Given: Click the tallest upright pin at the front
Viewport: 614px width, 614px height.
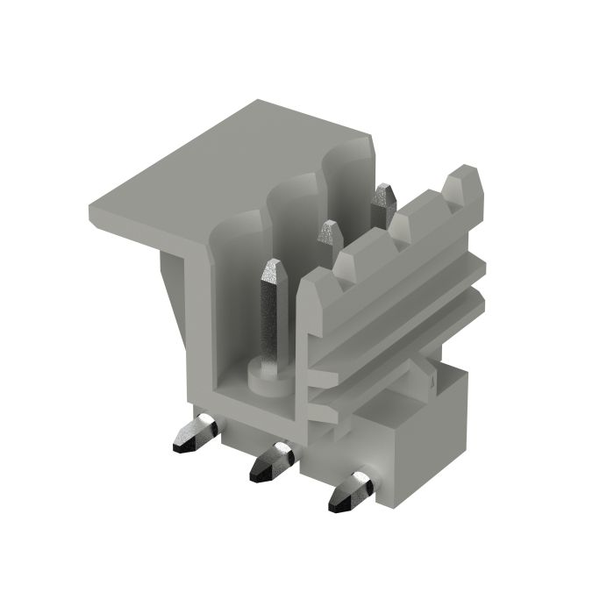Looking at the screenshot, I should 271,316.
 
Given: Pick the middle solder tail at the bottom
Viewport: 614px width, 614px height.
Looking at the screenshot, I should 271,462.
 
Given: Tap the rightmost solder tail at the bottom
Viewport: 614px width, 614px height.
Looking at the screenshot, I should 353,492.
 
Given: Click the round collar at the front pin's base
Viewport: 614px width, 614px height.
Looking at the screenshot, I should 267,378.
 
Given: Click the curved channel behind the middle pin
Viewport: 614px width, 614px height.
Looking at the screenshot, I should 294,211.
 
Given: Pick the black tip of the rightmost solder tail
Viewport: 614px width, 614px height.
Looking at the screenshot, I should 339,503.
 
